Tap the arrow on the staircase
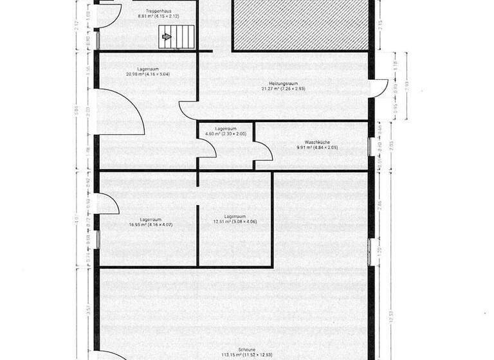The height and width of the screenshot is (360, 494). (167, 37)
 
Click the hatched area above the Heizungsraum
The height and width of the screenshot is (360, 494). (303, 24)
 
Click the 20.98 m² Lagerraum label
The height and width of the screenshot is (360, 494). (149, 71)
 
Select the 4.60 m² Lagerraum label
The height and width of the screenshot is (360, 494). (225, 131)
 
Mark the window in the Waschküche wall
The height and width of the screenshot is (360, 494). (370, 146)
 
